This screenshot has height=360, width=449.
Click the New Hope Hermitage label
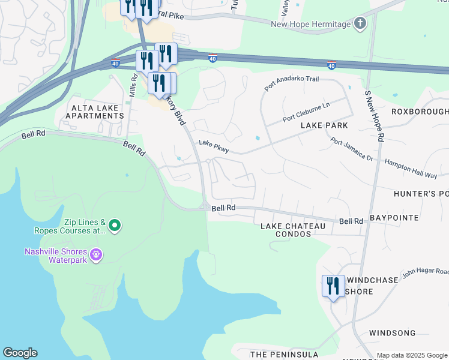[x=310, y=24]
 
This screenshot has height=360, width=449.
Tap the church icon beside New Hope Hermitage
[x=360, y=24]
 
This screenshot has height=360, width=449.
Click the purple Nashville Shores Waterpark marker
[x=96, y=256]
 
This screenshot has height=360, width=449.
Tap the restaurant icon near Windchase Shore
[x=333, y=286]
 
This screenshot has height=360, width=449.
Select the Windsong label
[x=392, y=332]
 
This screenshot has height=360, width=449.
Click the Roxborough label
[x=420, y=112]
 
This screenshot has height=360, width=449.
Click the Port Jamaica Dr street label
[x=352, y=150]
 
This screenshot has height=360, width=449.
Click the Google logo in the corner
[x=20, y=353]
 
